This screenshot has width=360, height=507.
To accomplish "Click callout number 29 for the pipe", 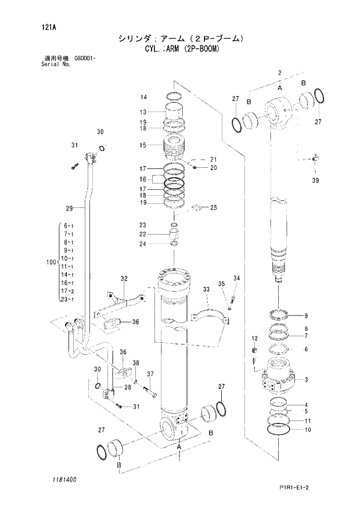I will (69, 208).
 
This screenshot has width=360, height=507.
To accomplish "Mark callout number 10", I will (308, 430).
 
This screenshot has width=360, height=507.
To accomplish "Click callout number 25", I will (213, 207).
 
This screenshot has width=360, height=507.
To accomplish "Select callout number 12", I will (254, 338).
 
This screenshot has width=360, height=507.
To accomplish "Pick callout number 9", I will (306, 316).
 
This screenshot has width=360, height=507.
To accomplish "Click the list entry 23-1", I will (68, 300).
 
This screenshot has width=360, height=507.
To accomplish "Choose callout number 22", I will (143, 234).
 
